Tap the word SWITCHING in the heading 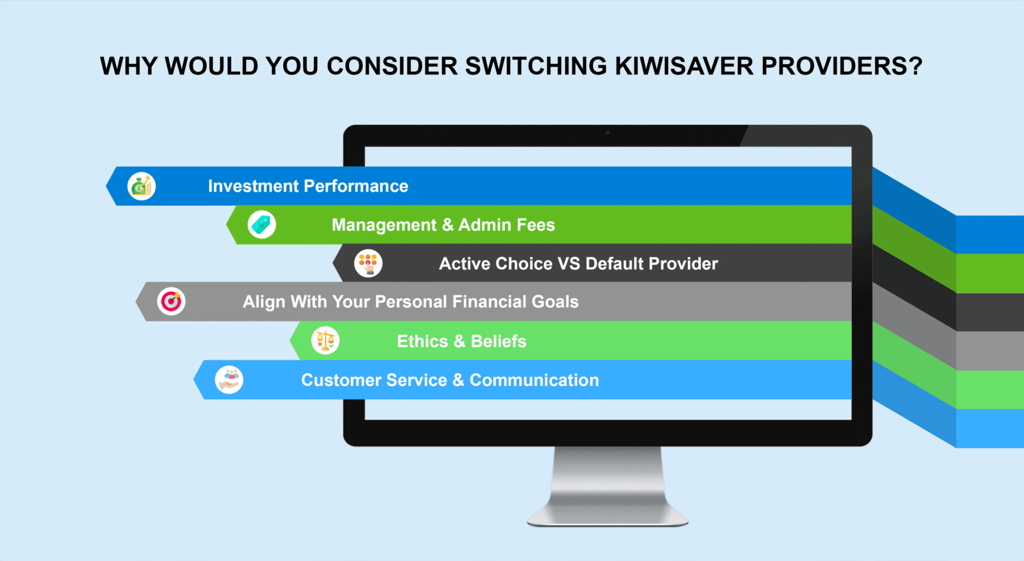536,66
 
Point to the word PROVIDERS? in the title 842,66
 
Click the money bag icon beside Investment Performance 141,186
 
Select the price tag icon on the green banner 262,225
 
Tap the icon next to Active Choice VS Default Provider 369,263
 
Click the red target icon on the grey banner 171,301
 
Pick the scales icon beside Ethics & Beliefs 325,341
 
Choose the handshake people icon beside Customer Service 229,380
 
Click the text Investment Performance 308,186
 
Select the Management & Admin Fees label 443,225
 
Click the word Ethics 422,341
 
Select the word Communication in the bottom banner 534,380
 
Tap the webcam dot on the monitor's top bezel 607,132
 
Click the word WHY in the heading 129,66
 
